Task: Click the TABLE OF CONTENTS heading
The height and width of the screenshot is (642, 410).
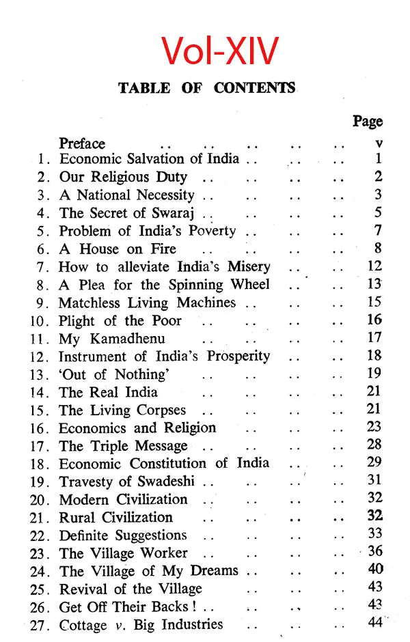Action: (207, 88)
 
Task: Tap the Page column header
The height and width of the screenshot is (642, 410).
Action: (368, 121)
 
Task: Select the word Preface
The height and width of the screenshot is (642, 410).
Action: (82, 143)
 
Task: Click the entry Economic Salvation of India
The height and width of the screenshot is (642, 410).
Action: (149, 159)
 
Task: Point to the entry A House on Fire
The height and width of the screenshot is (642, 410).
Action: (118, 249)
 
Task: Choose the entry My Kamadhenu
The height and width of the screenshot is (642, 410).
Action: (112, 338)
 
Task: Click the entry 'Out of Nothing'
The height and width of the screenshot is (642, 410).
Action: (113, 374)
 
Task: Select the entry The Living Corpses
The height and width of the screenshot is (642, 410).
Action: (122, 410)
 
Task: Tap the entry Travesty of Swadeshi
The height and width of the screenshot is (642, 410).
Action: (126, 482)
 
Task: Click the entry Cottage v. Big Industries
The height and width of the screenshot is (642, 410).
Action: (141, 624)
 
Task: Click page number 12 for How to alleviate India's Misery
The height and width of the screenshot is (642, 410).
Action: (374, 266)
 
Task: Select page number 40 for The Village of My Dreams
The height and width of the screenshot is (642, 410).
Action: (375, 569)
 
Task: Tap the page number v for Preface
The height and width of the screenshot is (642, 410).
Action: (379, 144)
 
